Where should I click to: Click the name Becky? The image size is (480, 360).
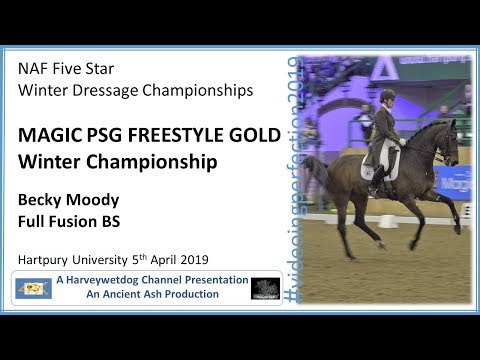41,198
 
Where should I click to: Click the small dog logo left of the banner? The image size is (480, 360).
35,289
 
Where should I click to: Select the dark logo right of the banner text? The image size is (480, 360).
264,289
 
